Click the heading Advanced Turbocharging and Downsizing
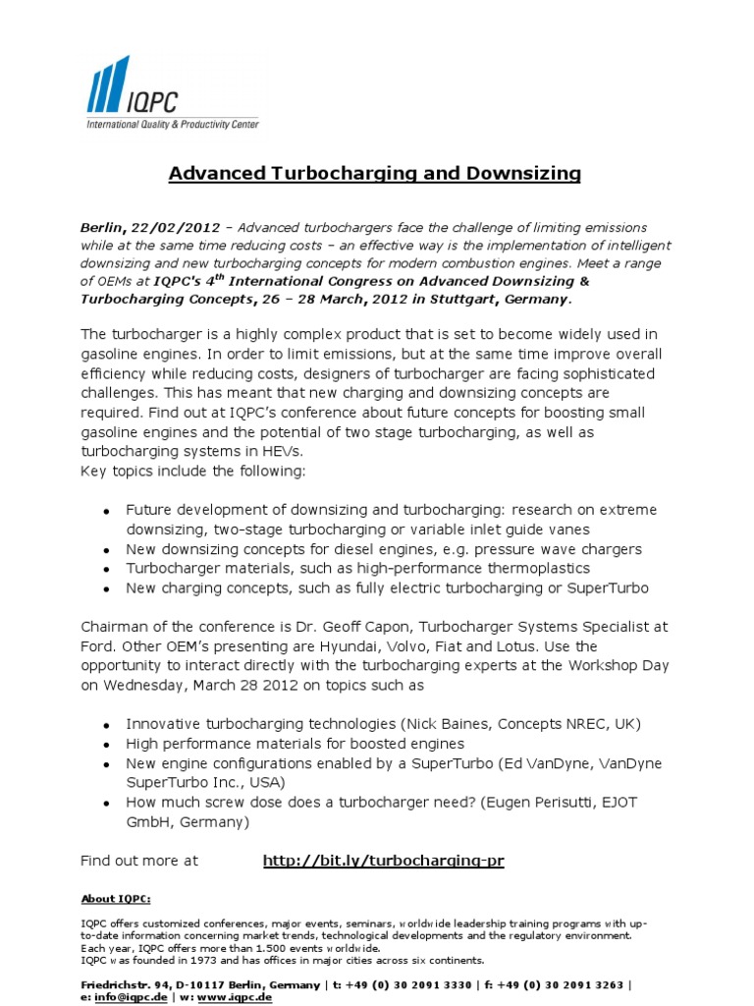375,174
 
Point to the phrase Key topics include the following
193,471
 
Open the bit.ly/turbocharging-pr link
383,861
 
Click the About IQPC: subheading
116,898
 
